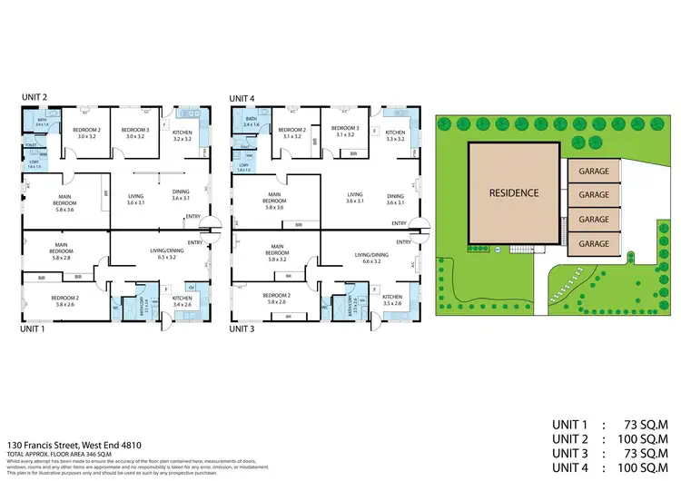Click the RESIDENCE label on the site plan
coord(514,192)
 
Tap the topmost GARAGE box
coord(594,170)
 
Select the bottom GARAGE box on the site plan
coord(594,243)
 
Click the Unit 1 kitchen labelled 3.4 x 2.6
coord(183,300)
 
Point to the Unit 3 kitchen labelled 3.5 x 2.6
coord(391,300)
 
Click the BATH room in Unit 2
coord(42,122)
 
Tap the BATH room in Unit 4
coord(252,122)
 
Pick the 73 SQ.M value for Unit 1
coord(641,425)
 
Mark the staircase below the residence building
coord(520,250)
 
